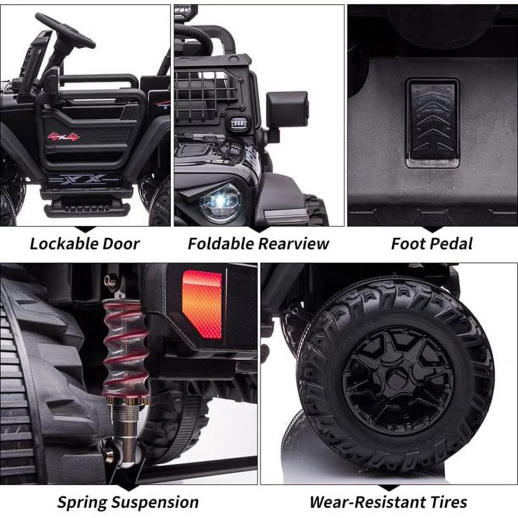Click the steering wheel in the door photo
pos(65,30)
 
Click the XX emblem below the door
pos(84,179)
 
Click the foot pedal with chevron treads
pos(433,123)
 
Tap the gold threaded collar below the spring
pos(126,401)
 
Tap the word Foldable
pos(220,244)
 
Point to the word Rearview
pos(294,244)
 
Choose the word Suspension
pos(155,502)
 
